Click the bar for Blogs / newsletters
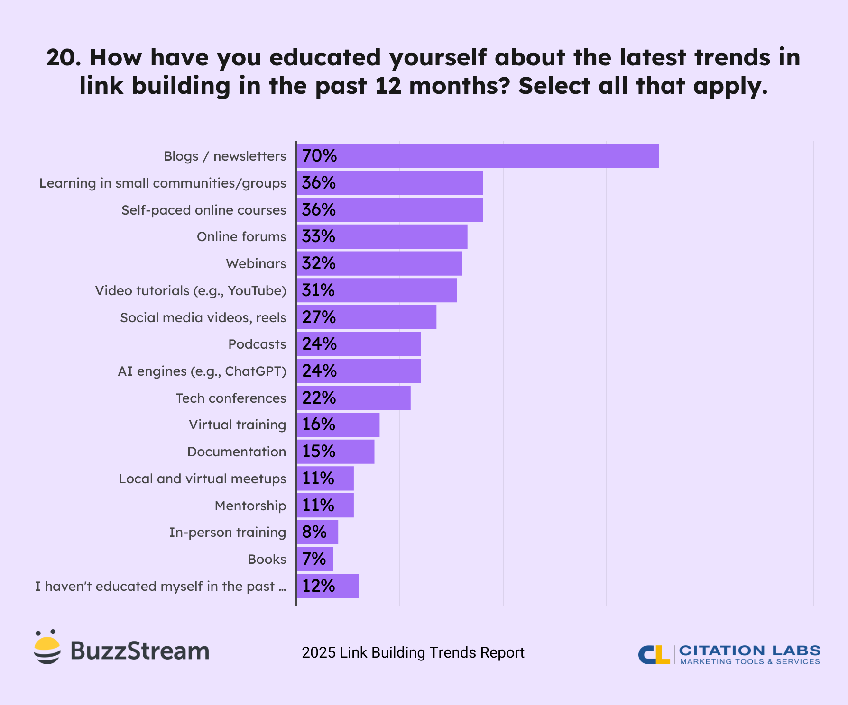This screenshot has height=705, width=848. pyautogui.click(x=477, y=156)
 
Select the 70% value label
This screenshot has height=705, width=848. pyautogui.click(x=319, y=156)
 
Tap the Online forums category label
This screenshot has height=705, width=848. pyautogui.click(x=241, y=236)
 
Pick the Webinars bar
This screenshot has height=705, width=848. pyautogui.click(x=379, y=263)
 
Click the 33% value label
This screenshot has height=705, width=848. pyautogui.click(x=318, y=236)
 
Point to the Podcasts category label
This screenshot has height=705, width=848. pyautogui.click(x=257, y=344)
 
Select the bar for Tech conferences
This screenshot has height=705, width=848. pyautogui.click(x=353, y=398)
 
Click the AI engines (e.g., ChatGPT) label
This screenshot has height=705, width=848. pyautogui.click(x=202, y=371)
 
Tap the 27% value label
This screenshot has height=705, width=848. pyautogui.click(x=319, y=317)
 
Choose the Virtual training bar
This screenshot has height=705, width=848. pyautogui.click(x=338, y=425)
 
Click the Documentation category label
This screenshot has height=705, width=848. pyautogui.click(x=237, y=452)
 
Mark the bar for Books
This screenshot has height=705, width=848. pyautogui.click(x=315, y=559)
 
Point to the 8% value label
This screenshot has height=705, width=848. pyautogui.click(x=314, y=532)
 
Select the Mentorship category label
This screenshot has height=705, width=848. pyautogui.click(x=250, y=506)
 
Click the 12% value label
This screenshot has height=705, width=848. pyautogui.click(x=318, y=586)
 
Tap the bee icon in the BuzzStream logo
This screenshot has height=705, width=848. pyautogui.click(x=47, y=647)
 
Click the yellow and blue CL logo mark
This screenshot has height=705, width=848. pyautogui.click(x=654, y=654)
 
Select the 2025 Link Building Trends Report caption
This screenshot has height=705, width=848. pyautogui.click(x=413, y=652)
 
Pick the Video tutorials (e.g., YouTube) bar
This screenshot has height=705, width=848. pyautogui.click(x=377, y=290)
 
